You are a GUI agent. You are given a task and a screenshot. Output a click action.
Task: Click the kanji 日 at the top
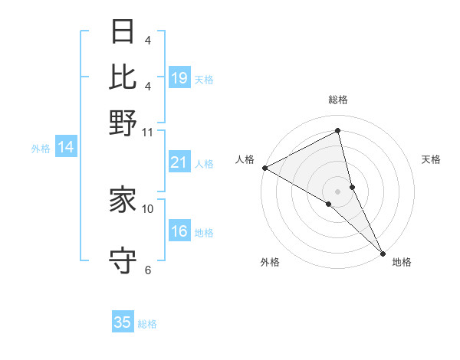(x=123, y=33)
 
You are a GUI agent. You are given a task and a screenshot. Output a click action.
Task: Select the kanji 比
(x=123, y=77)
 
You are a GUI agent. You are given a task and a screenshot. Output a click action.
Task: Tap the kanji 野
(x=123, y=123)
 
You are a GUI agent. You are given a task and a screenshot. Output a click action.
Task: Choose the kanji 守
(x=123, y=260)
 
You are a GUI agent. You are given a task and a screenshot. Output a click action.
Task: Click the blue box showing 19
(x=179, y=78)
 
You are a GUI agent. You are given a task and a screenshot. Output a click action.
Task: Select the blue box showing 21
(x=179, y=162)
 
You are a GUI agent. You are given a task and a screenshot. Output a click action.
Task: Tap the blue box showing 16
(x=179, y=232)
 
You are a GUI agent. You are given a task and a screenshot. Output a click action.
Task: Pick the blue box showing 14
(x=66, y=148)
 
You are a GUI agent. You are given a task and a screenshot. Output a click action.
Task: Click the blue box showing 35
(x=123, y=322)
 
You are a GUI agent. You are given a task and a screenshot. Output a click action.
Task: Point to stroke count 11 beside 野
(x=148, y=132)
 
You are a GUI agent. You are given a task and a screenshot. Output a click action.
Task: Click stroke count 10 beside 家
(x=148, y=208)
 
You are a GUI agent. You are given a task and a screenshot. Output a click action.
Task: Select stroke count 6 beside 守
(x=148, y=270)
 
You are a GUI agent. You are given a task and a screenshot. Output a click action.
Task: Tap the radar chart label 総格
(x=338, y=100)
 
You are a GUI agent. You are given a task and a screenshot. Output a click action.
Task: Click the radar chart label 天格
(x=432, y=159)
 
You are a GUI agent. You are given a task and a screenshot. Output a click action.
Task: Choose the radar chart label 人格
(x=245, y=159)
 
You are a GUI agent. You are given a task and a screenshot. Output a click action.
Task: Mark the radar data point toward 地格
(x=383, y=252)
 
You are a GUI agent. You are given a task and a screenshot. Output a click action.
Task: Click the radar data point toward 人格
(x=264, y=168)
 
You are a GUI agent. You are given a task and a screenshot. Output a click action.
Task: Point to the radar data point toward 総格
(x=338, y=131)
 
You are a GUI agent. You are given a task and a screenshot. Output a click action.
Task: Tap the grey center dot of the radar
(x=338, y=191)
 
